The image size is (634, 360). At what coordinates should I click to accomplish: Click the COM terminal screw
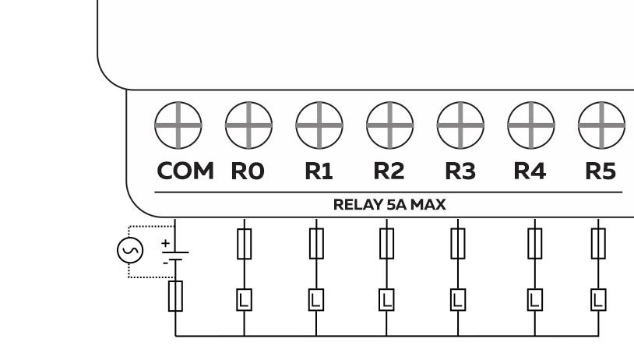tap(178, 125)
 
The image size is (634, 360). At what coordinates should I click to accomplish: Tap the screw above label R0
tap(248, 125)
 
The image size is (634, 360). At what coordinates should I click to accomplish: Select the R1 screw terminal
tap(319, 125)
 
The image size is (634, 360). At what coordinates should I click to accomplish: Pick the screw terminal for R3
tap(460, 125)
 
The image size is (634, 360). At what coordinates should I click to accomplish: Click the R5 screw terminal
tap(601, 125)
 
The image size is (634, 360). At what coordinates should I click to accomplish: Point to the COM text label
tap(185, 171)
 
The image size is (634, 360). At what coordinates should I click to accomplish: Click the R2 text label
tap(389, 171)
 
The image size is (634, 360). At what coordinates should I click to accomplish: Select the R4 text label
tap(530, 171)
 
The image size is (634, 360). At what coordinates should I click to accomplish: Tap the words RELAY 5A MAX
tap(389, 205)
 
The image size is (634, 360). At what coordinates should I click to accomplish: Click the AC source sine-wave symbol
tap(129, 250)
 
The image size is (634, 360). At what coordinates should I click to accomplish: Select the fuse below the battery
tap(176, 296)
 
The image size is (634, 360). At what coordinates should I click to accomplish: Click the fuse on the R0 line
tap(245, 244)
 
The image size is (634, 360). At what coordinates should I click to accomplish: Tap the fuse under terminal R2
tap(386, 244)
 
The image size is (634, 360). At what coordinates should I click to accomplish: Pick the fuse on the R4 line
tap(534, 244)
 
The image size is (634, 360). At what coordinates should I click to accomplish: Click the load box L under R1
tap(315, 299)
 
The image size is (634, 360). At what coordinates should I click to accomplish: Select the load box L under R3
tap(458, 299)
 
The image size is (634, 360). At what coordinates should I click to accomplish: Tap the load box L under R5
tap(598, 299)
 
